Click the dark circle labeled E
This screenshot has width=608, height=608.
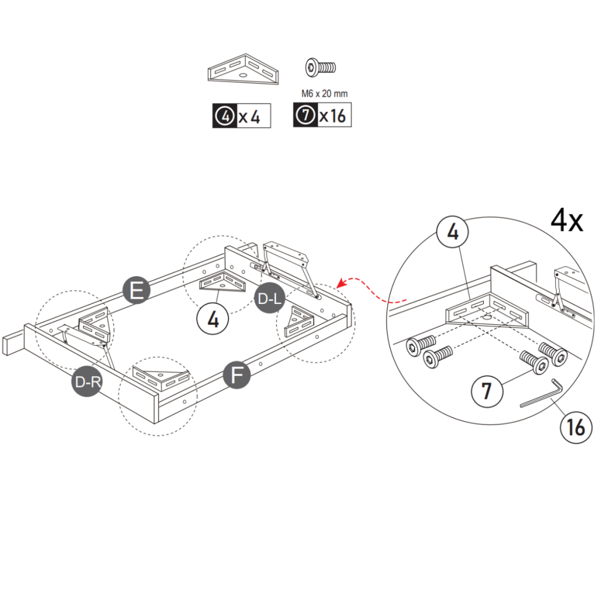[136, 290]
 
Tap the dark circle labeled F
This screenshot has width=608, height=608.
[237, 376]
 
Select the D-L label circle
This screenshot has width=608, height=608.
[268, 300]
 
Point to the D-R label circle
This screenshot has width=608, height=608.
[87, 382]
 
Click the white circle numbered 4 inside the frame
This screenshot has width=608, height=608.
[213, 319]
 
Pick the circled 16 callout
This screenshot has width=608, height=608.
[575, 426]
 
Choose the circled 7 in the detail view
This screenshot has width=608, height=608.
[487, 391]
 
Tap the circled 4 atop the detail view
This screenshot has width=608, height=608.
[453, 233]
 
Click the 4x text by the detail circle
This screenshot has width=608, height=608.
[566, 221]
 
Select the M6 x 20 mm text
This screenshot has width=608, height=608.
[324, 93]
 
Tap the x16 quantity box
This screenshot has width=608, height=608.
[322, 115]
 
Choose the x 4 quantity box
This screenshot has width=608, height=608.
[242, 116]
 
